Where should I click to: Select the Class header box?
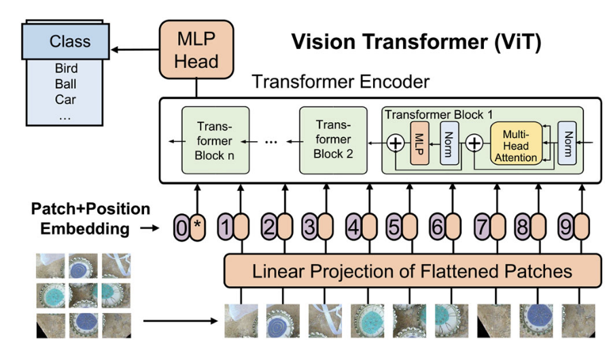(x=69, y=41)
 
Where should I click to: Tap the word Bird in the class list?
(x=67, y=69)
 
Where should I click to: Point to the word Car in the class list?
(x=67, y=99)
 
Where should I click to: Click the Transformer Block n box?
(x=215, y=141)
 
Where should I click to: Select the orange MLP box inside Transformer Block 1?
(x=419, y=143)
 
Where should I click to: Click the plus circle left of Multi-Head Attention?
(x=474, y=143)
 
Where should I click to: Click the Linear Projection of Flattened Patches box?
(x=412, y=272)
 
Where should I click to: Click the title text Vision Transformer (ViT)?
(x=416, y=42)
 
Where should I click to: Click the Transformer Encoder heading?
(x=341, y=82)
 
